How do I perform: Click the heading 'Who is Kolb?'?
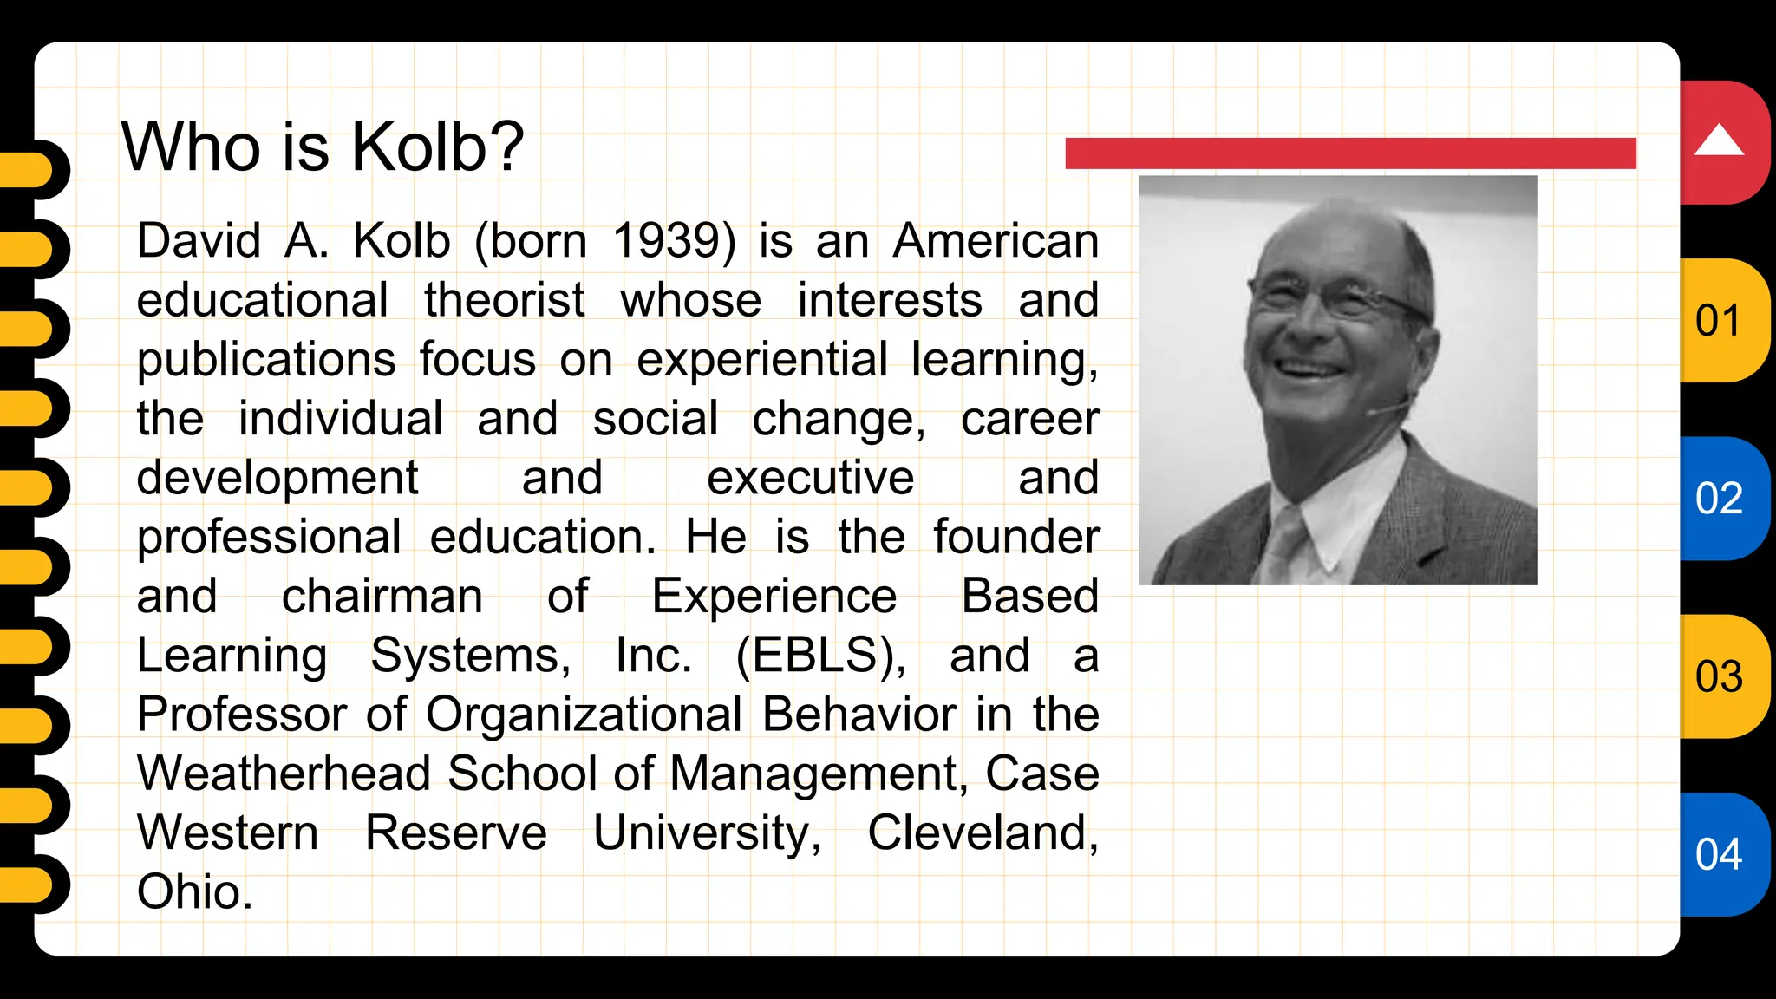coord(323,147)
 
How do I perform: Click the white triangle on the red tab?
coord(1719,140)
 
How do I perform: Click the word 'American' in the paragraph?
coord(996,240)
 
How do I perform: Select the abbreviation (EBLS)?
coord(820,655)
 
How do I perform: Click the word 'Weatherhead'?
coord(284,773)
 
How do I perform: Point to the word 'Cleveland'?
coord(982,832)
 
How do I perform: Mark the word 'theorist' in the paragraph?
coord(504,300)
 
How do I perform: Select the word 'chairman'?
coord(382,596)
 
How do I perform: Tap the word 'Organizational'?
coord(584,715)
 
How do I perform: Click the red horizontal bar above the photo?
coord(1349,153)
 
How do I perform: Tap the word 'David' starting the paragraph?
coord(199,240)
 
